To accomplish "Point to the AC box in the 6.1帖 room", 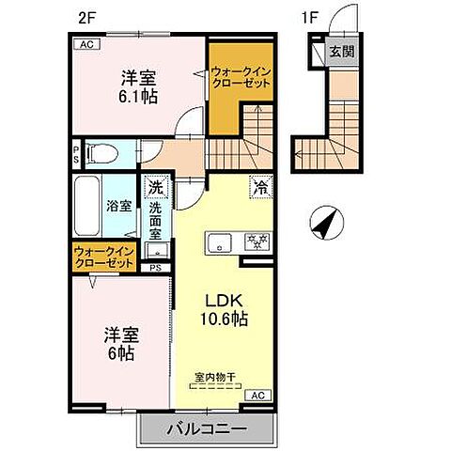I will point(86,44).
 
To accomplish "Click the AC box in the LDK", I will point(257,396).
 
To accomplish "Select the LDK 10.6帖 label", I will point(225,311).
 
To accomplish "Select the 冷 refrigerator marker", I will point(257,187).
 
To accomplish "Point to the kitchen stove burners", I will point(255,241).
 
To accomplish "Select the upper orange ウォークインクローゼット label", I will point(240,76).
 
